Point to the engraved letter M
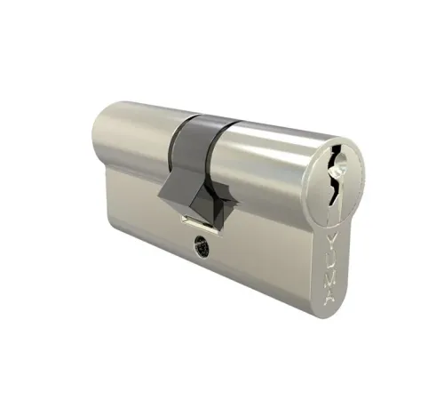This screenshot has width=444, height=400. (x=339, y=280)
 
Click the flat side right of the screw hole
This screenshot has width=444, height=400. (x=266, y=258)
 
